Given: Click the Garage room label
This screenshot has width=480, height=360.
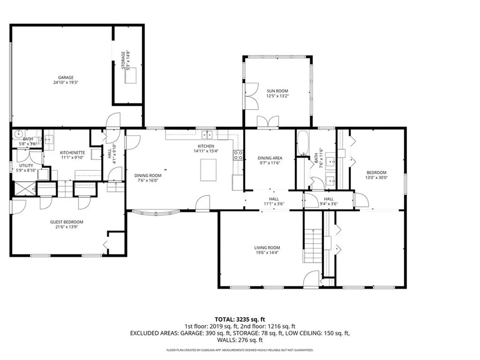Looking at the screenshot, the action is tap(66, 78).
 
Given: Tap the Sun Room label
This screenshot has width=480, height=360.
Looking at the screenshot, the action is tap(277, 91).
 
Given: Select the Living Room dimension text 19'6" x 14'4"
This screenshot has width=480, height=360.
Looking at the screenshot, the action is tap(267, 253).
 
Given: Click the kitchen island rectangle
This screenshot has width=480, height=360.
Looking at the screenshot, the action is tap(208, 170).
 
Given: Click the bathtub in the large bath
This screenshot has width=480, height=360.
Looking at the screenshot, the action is tap(303, 143).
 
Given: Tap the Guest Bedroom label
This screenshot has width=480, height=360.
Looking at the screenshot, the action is tap(67, 222).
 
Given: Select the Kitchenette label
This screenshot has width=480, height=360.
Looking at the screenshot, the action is tap(72, 153).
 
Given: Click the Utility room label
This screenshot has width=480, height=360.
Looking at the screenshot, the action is tap(26, 165).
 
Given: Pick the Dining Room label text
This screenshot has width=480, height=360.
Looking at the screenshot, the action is tap(148, 175).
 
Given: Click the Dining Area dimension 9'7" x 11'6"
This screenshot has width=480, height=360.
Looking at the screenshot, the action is tap(270, 163).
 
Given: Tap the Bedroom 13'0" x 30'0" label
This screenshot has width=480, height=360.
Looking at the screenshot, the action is tap(376, 175).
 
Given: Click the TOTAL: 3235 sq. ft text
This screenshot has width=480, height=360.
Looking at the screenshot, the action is tap(240, 320).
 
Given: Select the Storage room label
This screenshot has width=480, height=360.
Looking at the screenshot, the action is tap(123, 60).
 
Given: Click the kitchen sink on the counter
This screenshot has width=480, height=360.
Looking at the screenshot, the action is tap(207, 135).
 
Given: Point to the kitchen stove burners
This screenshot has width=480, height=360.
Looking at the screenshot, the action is tap(239, 155).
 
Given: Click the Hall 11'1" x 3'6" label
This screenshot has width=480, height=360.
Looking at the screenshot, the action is tap(274, 201).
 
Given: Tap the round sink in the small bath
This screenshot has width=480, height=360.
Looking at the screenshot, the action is tap(19, 134).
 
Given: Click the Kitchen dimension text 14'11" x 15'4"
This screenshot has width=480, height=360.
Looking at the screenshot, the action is tap(206, 151).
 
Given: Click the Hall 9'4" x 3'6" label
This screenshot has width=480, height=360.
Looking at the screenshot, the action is tap(329, 201).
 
